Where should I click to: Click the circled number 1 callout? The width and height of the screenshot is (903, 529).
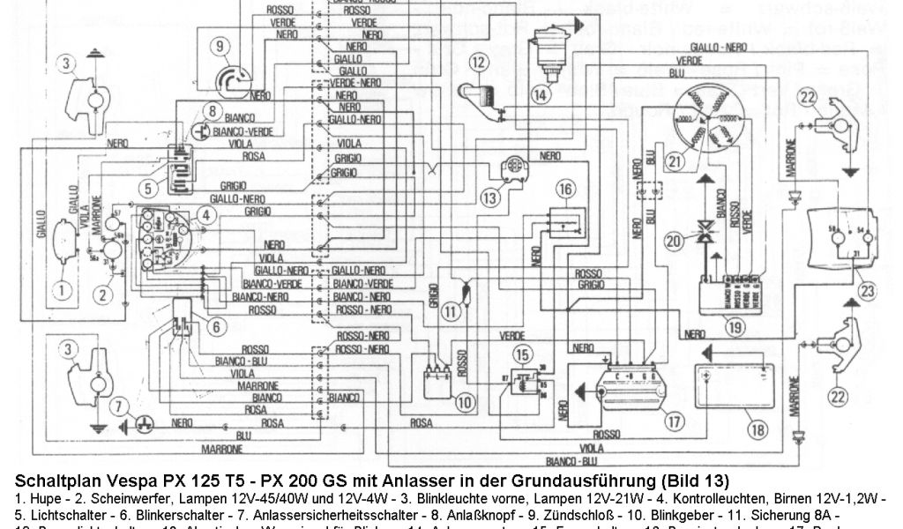[x=62, y=287]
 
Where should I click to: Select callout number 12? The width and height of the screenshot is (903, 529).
[x=478, y=62]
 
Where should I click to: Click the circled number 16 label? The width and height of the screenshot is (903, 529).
[x=564, y=188]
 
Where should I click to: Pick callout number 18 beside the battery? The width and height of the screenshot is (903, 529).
[x=756, y=431]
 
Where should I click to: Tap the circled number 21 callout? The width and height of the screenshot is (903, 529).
[x=675, y=160]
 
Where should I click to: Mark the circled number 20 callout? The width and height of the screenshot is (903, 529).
[x=675, y=240]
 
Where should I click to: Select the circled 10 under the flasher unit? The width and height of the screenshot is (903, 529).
[x=464, y=399]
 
